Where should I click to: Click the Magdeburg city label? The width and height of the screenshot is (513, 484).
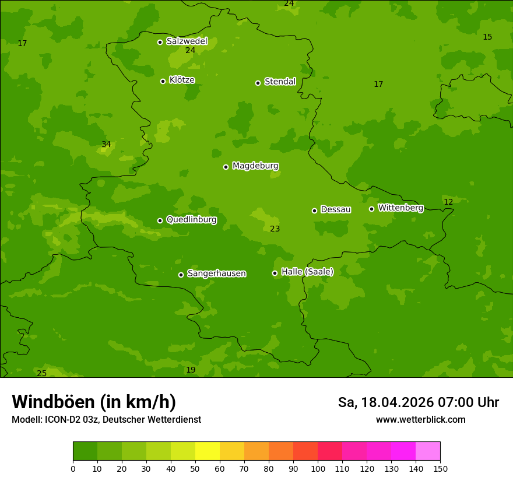[x=255, y=166]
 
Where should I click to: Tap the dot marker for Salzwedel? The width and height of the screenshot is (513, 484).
[x=160, y=42]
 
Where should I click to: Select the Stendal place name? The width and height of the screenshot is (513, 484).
[x=280, y=82]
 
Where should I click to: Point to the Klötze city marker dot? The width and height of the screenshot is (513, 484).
[x=163, y=81]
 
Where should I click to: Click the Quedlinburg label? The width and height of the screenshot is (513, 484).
[x=191, y=220]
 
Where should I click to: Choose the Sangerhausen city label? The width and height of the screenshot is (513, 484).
[x=216, y=273]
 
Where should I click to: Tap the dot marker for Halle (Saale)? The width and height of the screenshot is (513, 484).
[x=275, y=273]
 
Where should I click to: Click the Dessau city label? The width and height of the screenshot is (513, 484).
[x=336, y=210]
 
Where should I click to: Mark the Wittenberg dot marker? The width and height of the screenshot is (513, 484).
[x=371, y=209]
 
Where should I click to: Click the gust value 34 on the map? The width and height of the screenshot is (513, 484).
[x=106, y=145]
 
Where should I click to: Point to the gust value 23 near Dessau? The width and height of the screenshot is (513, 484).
[x=275, y=229]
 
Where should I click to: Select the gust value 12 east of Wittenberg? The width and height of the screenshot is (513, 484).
[x=448, y=202]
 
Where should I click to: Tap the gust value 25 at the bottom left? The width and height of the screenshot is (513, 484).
[x=42, y=373]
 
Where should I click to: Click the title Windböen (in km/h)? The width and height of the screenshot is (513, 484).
[x=94, y=402]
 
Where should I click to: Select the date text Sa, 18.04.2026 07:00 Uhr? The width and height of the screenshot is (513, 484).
[x=418, y=402]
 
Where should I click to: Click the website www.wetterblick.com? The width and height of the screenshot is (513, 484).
[x=420, y=420]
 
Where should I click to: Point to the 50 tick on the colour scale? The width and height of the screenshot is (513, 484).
[x=195, y=468]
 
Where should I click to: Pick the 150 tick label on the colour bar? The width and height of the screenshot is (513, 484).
[x=440, y=468]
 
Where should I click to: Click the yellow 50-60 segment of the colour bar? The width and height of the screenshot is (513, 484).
[x=208, y=451]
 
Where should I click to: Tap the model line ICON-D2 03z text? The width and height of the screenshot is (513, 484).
[x=106, y=420]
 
